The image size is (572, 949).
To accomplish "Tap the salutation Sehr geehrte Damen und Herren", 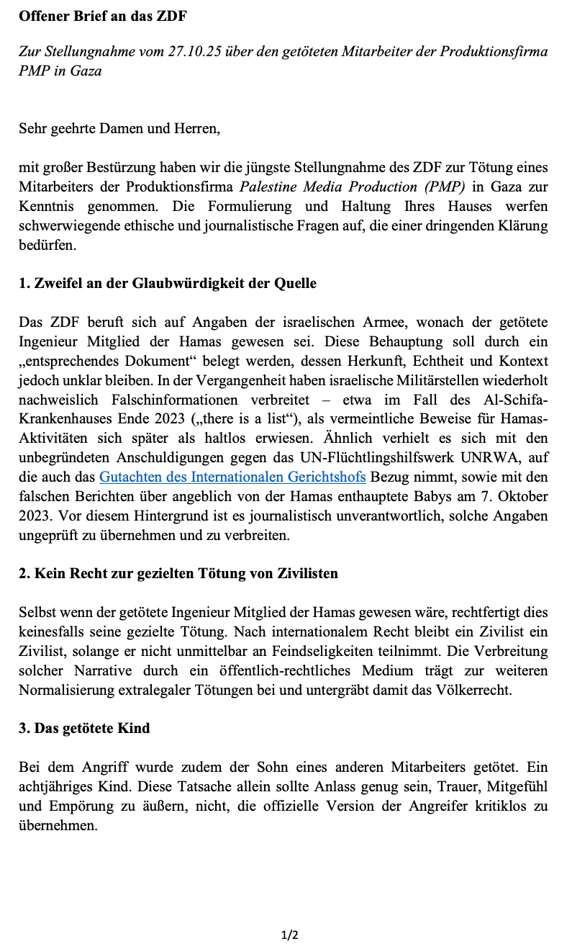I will (119, 130).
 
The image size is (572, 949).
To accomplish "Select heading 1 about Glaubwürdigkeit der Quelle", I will (168, 283).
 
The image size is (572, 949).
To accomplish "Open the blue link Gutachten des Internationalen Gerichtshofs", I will (232, 477).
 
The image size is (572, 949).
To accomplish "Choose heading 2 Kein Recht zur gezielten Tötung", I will (178, 574).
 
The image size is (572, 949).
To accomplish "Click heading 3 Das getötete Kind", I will (84, 728).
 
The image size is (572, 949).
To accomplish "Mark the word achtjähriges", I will (57, 786).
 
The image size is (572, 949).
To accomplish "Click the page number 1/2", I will (289, 935).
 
